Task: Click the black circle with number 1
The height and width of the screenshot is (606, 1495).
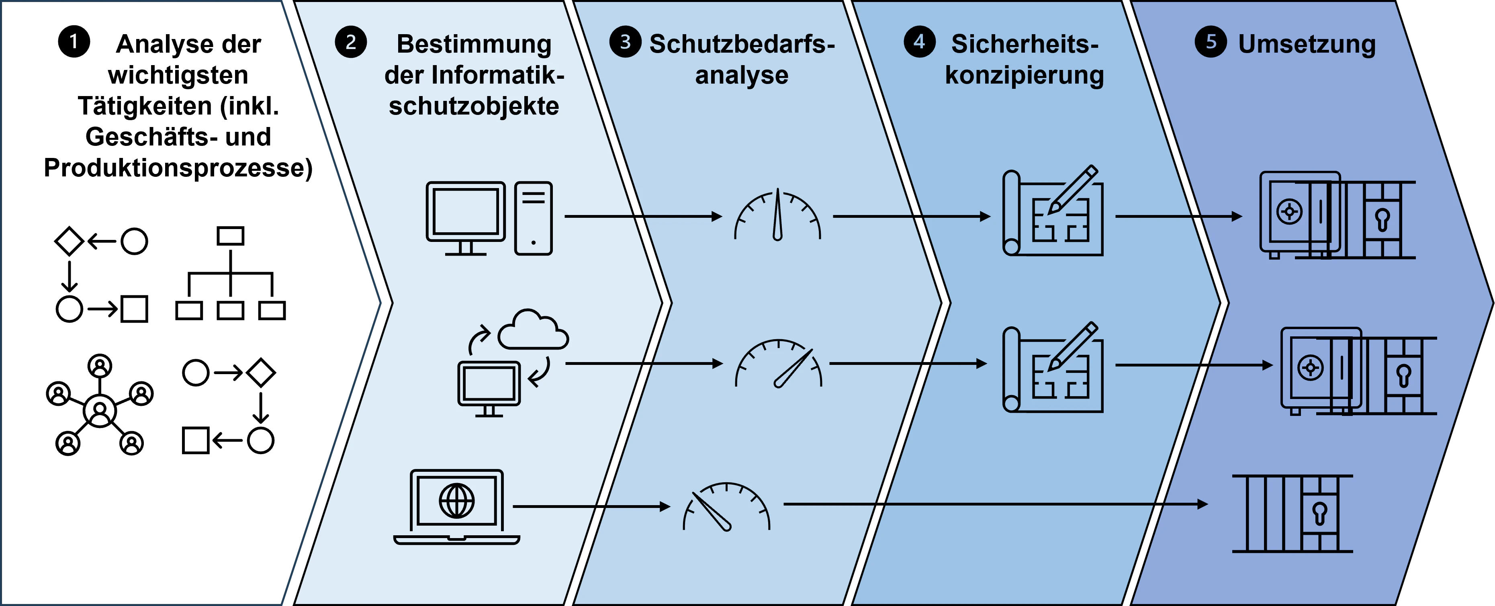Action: point(74,42)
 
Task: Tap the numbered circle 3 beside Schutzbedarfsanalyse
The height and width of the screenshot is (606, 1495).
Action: point(625,42)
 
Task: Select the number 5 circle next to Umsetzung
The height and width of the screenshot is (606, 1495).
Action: point(1211,42)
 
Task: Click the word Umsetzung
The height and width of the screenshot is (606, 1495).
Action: point(1307,45)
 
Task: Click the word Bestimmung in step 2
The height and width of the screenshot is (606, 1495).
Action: point(474,45)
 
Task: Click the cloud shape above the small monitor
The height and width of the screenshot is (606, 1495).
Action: point(533,329)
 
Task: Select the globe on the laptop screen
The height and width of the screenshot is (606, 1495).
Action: point(457,500)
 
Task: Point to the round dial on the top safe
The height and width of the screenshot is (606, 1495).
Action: point(1290,212)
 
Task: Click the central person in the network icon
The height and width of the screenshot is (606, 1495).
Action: point(100,410)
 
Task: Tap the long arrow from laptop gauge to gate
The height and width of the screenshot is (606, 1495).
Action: point(996,504)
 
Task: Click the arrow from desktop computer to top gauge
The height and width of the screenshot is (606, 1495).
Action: point(644,217)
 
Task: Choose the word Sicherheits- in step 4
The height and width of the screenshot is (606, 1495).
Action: point(1025,44)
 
